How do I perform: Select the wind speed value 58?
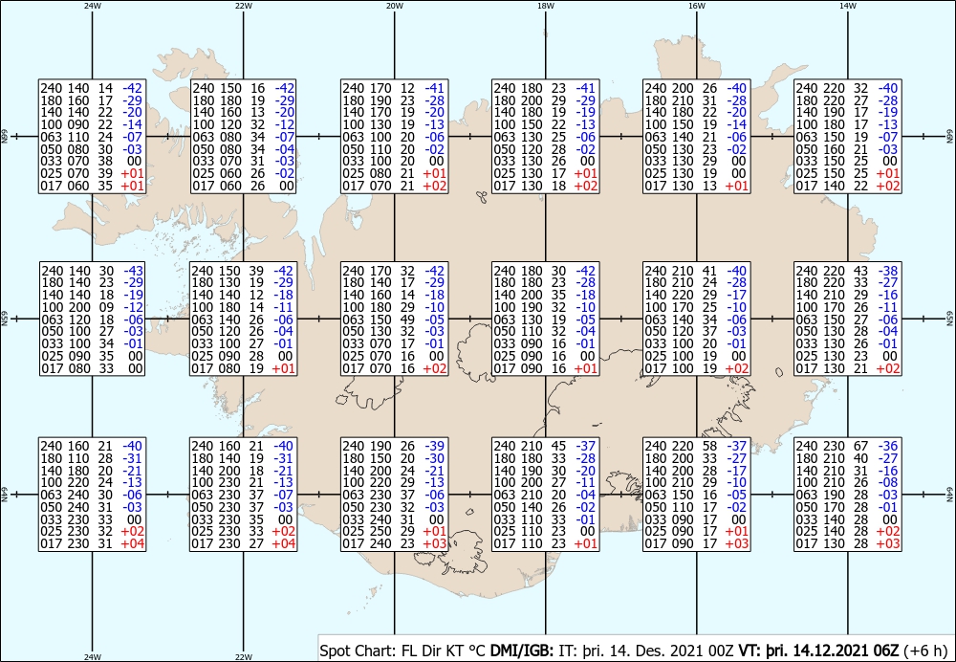pos(709,446)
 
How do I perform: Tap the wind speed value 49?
pos(407,320)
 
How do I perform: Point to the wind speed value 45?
pos(558,446)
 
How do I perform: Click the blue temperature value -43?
pos(134,271)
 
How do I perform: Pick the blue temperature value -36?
pos(888,446)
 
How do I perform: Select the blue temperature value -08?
pos(888,482)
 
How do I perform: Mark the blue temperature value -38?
pos(888,271)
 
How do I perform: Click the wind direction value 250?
pos(382,532)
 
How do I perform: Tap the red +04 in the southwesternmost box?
pos(133,543)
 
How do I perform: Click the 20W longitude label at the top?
pos(395,6)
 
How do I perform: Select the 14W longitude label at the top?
pos(847,6)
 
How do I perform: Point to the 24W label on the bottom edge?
pos(92,657)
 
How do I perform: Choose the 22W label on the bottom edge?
pos(243,657)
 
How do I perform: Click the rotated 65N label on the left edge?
pos(6,319)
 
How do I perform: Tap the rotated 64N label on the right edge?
pos(949,495)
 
